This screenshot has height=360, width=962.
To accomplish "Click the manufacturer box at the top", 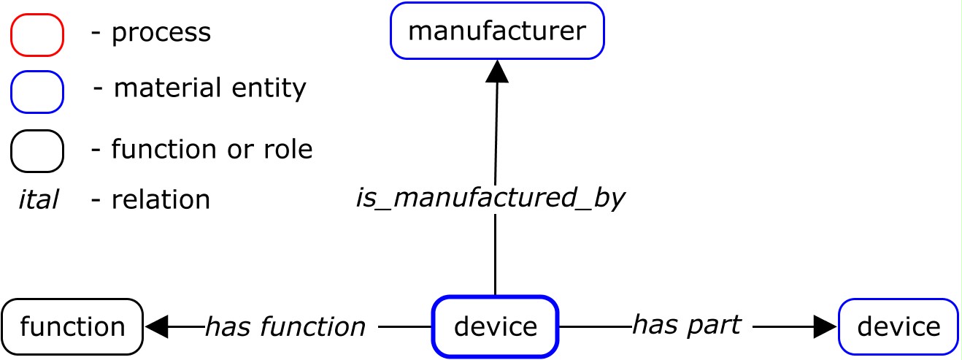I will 497,31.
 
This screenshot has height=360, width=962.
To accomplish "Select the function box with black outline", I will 72,326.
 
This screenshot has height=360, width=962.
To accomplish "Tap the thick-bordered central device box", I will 495,326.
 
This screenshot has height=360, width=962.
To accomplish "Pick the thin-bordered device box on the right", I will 898,326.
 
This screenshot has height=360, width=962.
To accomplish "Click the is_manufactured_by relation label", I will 490,198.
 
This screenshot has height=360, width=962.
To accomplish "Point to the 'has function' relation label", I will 285,327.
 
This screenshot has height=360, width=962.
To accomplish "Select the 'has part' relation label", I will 686,324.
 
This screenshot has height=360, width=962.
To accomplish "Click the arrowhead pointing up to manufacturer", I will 497,71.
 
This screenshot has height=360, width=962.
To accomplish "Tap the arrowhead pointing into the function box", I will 157,326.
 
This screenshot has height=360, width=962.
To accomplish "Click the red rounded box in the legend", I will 37,34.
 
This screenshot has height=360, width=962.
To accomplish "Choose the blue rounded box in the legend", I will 37,92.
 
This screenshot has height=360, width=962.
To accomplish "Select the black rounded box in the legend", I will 37,150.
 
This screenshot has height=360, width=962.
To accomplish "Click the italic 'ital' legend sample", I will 38,199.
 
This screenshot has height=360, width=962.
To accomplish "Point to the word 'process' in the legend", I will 161,33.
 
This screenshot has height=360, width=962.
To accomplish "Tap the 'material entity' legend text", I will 210,88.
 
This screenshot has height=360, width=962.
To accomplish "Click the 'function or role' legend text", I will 212,150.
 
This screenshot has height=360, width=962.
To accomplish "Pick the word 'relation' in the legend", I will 161,199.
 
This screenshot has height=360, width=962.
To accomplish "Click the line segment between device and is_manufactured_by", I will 496,256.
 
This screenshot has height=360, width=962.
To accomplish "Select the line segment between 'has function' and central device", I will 405,326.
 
